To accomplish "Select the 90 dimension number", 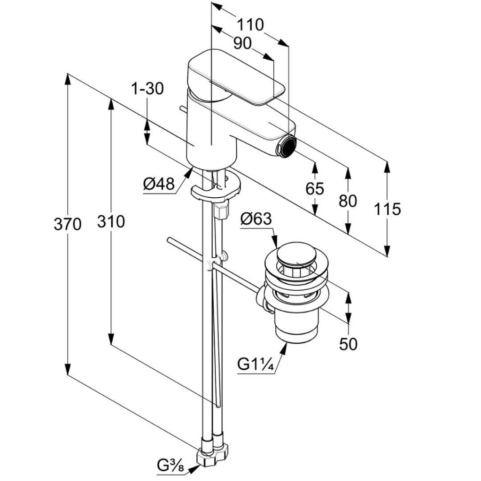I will tap(242, 43).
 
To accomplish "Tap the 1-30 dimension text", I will tap(147, 88).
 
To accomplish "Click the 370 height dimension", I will tap(67, 224).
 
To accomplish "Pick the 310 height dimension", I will tap(111, 221).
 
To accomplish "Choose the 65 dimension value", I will tap(315, 188).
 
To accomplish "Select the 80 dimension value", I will tap(348, 201).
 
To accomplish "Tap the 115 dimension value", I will tap(388, 209).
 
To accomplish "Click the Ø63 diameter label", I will tap(256, 219).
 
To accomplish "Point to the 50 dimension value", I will tap(348, 344).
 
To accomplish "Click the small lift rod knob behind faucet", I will tap(182, 110).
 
